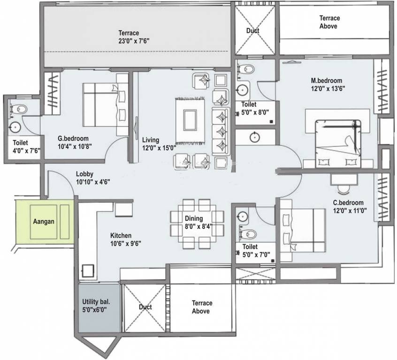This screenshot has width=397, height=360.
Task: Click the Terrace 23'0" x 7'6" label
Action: pyautogui.click(x=134, y=37)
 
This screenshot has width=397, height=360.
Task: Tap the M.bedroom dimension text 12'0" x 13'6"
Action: pyautogui.click(x=328, y=89)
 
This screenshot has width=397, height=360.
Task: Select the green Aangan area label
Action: pyautogui.click(x=44, y=221)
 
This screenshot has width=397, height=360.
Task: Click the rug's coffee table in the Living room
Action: pyautogui.click(x=190, y=120)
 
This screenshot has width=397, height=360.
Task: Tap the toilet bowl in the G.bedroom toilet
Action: pyautogui.click(x=19, y=110)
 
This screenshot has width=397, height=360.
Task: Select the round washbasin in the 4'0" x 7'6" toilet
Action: pyautogui.click(x=15, y=127)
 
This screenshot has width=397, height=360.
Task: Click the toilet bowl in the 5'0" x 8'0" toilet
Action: pyautogui.click(x=246, y=69)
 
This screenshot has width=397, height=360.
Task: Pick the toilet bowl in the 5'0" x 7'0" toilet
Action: pyautogui.click(x=248, y=234)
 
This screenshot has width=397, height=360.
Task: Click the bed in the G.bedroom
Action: pyautogui.click(x=105, y=105)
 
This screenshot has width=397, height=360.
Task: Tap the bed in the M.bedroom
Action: pyautogui.click(x=338, y=144)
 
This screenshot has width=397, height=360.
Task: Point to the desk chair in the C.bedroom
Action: pyautogui.click(x=344, y=189)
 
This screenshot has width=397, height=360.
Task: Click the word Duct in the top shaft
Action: pyautogui.click(x=252, y=30)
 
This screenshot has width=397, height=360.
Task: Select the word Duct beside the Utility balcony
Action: pyautogui.click(x=145, y=307)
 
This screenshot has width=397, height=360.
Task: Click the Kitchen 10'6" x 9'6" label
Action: pyautogui.click(x=126, y=240)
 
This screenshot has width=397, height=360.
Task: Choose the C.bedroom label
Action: pyautogui.click(x=348, y=202)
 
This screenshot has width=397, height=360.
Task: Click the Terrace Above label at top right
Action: pyautogui.click(x=328, y=22)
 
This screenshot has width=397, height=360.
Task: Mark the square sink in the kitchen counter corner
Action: pyautogui.click(x=88, y=271)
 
